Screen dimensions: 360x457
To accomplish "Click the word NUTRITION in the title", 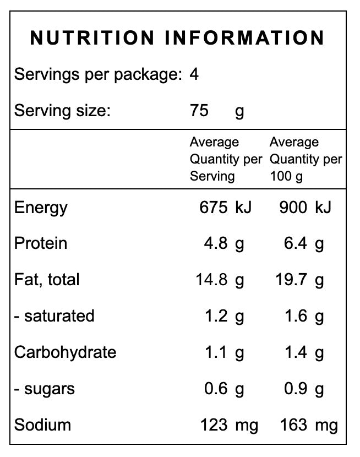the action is pyautogui.click(x=92, y=38).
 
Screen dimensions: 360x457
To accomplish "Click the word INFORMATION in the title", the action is pyautogui.click(x=244, y=38).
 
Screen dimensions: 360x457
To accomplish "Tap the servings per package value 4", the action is pyautogui.click(x=194, y=74).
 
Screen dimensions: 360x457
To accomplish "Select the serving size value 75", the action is pyautogui.click(x=199, y=111).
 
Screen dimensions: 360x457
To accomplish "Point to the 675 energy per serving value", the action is pyautogui.click(x=213, y=208).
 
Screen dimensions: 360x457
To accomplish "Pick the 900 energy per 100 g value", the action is pyautogui.click(x=293, y=208).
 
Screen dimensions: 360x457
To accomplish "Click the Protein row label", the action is pyautogui.click(x=41, y=243).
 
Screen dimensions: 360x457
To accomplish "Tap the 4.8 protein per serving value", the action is pyautogui.click(x=216, y=243).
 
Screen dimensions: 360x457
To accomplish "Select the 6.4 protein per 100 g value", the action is pyautogui.click(x=296, y=243).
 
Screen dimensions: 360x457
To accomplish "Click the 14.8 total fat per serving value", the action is pyautogui.click(x=211, y=280).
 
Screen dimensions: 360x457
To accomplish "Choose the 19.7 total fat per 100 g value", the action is pyautogui.click(x=291, y=280).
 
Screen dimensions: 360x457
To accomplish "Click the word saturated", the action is pyautogui.click(x=59, y=316).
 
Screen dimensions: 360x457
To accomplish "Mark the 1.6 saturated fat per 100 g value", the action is pyautogui.click(x=296, y=316).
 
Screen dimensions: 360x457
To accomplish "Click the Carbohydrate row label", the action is pyautogui.click(x=66, y=352).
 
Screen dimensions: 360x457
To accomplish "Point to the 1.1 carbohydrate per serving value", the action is pyautogui.click(x=216, y=352).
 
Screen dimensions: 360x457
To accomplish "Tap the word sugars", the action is pyautogui.click(x=50, y=390).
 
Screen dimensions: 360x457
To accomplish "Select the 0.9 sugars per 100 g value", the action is pyautogui.click(x=296, y=389).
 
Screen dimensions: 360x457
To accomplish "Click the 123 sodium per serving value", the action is pyautogui.click(x=214, y=425).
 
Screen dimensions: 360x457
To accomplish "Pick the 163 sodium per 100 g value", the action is pyautogui.click(x=293, y=425).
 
